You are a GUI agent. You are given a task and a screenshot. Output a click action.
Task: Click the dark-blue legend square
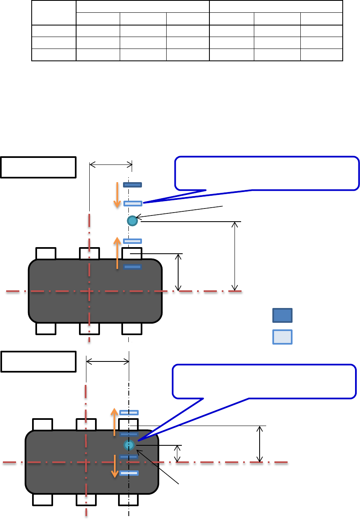pos(282,315)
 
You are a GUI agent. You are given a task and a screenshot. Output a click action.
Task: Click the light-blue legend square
pos(282,337)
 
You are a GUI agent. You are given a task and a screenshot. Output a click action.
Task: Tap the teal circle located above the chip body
pos(132,221)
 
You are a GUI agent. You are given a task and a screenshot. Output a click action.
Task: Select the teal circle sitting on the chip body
pos(130,445)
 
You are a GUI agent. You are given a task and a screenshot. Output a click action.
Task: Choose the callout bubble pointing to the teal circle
pos(264,381)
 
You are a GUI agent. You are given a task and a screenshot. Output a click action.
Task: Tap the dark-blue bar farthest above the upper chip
pos(132,185)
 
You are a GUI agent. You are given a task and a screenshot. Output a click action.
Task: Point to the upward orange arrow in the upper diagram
pos(117,253)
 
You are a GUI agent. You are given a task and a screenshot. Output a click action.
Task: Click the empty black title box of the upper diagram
pos(38,167)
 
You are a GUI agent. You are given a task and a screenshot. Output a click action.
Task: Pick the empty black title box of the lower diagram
pos(38,361)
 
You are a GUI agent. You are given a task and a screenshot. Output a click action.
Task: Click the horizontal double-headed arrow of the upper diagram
pos(111,165)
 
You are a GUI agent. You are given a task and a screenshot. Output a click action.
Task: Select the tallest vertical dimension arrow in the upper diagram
pos(235,256)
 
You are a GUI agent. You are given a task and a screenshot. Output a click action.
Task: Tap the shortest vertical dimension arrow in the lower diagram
pos(177,454)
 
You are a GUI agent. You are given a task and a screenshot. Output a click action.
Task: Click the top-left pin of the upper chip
pos(46,253)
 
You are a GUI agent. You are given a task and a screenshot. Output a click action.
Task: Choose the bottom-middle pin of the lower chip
pos(86,500)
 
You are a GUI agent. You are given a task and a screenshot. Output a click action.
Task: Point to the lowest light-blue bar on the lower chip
pos(129,473)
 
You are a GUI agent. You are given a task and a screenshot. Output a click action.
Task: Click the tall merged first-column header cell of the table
pos(54,13)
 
